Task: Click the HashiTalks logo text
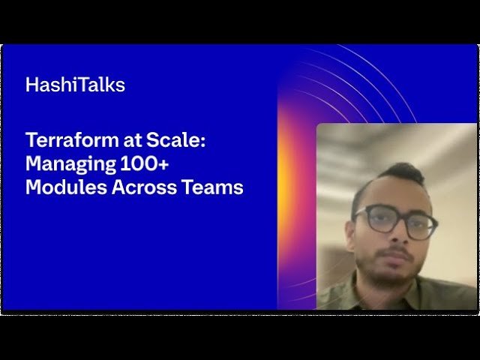[x=75, y=85]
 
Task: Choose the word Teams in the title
[x=213, y=187]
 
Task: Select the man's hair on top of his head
[x=390, y=173]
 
